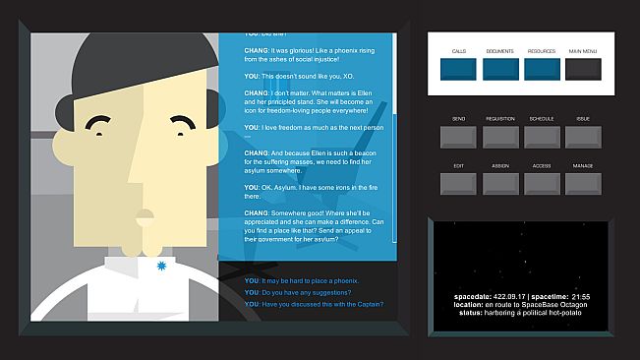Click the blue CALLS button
tap(459, 69)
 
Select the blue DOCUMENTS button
tap(500, 69)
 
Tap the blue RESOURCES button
tap(542, 69)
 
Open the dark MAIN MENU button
tap(583, 69)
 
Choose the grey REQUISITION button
tap(500, 137)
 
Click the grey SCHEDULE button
tap(542, 137)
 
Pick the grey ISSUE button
tap(583, 137)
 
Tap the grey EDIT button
tap(459, 183)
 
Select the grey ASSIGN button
tap(500, 183)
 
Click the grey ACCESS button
tap(542, 183)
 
